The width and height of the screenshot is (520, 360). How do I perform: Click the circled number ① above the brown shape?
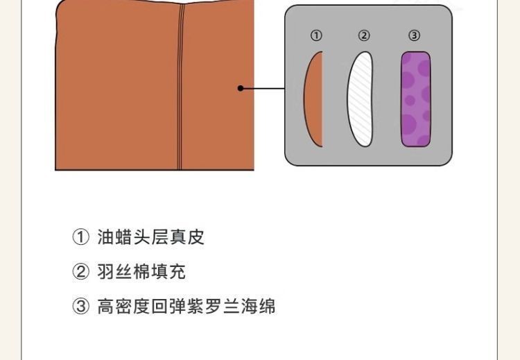pos(316,35)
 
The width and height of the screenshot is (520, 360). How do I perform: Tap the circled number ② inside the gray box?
pos(364,35)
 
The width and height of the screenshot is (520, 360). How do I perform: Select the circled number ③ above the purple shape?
pos(414,35)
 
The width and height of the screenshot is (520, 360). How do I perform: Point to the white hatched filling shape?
pos(360,99)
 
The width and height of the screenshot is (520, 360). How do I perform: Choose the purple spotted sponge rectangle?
pos(416,99)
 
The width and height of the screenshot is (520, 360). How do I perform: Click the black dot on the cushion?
pos(241,88)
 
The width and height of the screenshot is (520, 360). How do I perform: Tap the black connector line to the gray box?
pos(263,88)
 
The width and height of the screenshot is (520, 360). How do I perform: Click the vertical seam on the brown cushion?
pos(180,87)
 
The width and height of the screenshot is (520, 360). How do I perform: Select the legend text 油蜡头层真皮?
pos(151,237)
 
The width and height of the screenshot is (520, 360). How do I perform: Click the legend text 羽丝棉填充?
pos(141,271)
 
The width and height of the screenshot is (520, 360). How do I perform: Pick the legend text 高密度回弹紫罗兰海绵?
pos(187,306)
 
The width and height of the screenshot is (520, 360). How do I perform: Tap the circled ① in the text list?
pos(80,237)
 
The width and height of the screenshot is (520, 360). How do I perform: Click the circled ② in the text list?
pos(80,271)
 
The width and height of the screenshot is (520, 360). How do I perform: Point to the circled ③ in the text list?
pos(80,306)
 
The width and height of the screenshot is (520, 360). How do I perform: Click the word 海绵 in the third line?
pos(258,306)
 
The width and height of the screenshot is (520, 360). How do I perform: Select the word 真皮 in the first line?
pos(187,237)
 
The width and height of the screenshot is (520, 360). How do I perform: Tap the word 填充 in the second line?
pos(168,271)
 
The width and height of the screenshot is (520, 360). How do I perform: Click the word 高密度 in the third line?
pos(123,306)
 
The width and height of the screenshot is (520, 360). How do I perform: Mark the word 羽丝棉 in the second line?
pos(123,271)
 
